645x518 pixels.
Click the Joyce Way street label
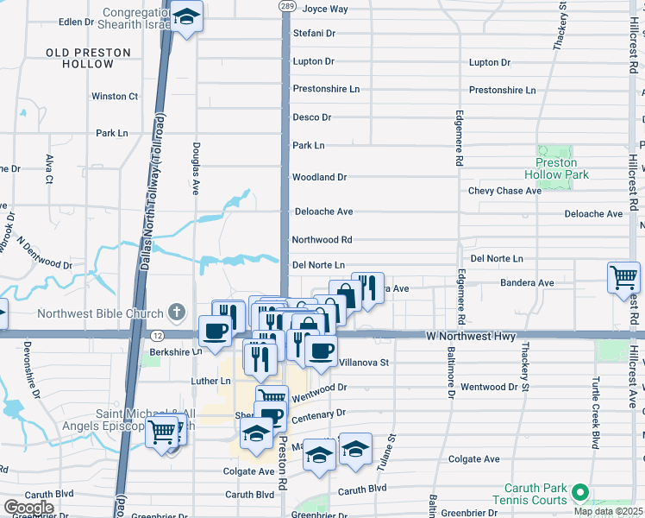(x=325, y=9)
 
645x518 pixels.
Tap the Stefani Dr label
(x=313, y=34)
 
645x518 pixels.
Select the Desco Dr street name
(x=311, y=117)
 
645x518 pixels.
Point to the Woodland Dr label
(x=319, y=177)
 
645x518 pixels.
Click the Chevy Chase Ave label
(x=504, y=191)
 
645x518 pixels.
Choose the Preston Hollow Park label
(x=556, y=168)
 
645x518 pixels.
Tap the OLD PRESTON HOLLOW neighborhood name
(x=89, y=59)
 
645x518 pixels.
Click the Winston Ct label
(x=115, y=97)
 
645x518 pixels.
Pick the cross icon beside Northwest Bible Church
(x=176, y=312)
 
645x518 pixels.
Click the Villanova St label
(x=365, y=363)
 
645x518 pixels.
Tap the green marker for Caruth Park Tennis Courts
(x=580, y=492)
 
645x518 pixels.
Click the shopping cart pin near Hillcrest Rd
(x=623, y=277)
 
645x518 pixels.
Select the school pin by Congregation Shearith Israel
(x=185, y=16)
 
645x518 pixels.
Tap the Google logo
(x=29, y=508)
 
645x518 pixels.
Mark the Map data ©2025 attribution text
(x=608, y=511)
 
